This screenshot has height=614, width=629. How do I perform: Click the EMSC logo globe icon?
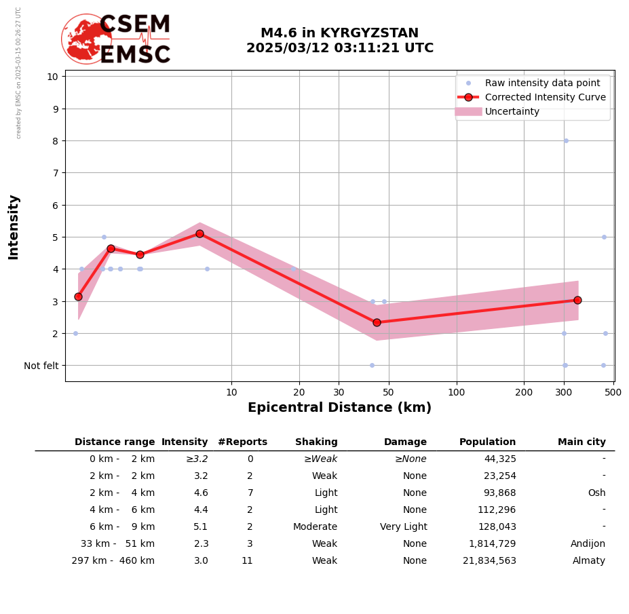point(86,39)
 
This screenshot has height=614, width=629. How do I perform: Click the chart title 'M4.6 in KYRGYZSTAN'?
point(339,33)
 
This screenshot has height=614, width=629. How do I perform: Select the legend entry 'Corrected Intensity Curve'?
point(545,97)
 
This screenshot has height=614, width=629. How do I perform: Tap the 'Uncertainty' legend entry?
point(512,112)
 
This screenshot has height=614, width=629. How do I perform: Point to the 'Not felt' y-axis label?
point(41,366)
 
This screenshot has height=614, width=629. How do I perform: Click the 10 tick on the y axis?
point(52,76)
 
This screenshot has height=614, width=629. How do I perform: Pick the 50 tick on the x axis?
point(389,392)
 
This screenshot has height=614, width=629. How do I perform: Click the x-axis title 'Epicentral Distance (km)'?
point(339,408)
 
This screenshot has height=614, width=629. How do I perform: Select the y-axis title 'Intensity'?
point(14,227)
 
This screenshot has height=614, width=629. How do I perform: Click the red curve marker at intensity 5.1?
point(199,233)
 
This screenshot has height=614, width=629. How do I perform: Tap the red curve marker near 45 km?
point(377,322)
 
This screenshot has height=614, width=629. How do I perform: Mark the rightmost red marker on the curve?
point(577,300)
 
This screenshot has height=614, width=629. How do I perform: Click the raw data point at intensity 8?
point(566,140)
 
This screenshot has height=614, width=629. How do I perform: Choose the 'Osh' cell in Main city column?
point(596,493)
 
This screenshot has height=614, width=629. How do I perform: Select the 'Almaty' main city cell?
point(588,561)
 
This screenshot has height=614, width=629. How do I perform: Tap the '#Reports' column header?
point(242,442)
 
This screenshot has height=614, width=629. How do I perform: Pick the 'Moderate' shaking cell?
point(315,527)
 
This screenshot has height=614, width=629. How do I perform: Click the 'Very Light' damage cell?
point(403,527)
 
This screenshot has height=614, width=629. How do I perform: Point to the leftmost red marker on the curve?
point(78,296)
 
